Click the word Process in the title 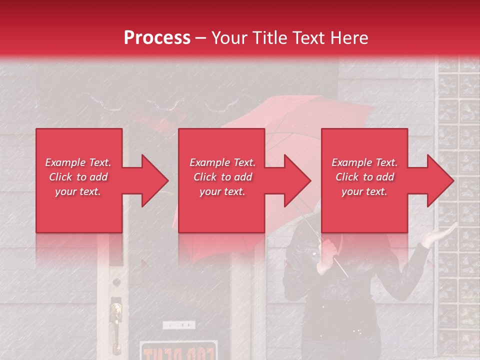tap(157, 38)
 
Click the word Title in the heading tap(269, 38)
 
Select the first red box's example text tap(78, 177)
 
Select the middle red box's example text tap(222, 177)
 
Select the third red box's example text tap(364, 177)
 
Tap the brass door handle tap(116, 315)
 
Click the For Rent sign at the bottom tap(178, 351)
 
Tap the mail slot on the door tap(178, 325)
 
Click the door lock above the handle tap(116, 282)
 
